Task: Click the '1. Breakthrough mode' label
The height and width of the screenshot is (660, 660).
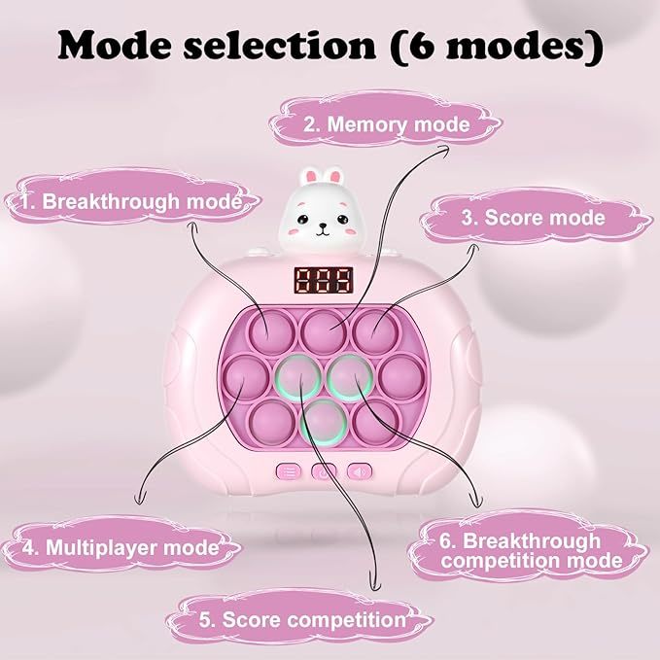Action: (x=131, y=201)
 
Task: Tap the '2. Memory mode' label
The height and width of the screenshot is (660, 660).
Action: (x=387, y=124)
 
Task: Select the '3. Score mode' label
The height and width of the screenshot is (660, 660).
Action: (x=534, y=218)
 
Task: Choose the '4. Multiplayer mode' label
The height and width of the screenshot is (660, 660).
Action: (x=121, y=547)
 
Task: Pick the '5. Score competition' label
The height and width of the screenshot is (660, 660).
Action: (x=302, y=619)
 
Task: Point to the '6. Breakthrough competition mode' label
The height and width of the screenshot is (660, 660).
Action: (x=531, y=550)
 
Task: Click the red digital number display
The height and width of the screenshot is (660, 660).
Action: (x=324, y=280)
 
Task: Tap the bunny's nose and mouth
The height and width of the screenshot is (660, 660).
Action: (x=323, y=229)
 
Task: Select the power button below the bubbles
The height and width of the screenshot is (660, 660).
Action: (x=324, y=471)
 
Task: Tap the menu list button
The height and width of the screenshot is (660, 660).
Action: (x=289, y=471)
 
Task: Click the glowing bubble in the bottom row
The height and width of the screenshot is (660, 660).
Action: (x=324, y=422)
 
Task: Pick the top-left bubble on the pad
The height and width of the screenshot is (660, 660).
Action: (x=271, y=331)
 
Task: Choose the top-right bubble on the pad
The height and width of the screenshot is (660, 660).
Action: (x=374, y=331)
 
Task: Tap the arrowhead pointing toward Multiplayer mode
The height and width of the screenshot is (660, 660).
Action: (x=139, y=500)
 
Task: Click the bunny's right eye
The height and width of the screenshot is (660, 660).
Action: (x=342, y=219)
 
